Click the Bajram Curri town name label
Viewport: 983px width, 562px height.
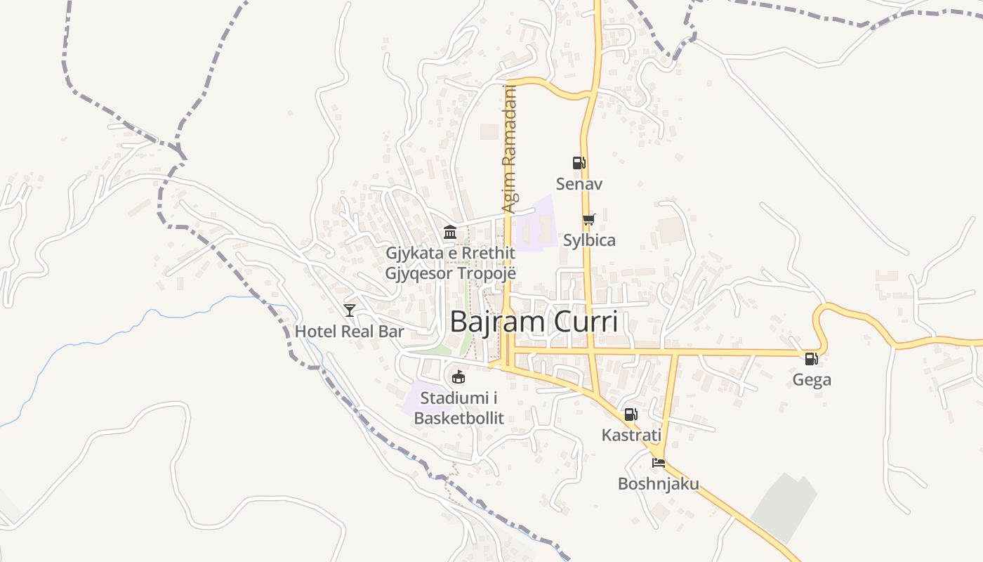click(x=534, y=322)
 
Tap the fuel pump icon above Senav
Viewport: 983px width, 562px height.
click(x=579, y=163)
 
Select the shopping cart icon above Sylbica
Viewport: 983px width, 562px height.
click(x=589, y=219)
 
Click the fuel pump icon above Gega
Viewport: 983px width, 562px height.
click(x=811, y=359)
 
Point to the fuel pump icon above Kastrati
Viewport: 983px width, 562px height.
click(x=631, y=414)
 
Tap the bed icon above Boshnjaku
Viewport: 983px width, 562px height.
click(x=658, y=462)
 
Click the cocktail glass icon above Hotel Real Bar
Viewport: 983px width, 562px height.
click(x=349, y=310)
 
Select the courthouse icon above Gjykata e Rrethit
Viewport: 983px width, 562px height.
click(x=449, y=233)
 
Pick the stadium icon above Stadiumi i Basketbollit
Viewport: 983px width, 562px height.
click(x=458, y=377)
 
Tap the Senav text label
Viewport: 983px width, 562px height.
click(x=579, y=184)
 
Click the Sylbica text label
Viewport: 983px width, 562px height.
click(x=589, y=240)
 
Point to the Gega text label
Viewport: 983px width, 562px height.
click(x=812, y=380)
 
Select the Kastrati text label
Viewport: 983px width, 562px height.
click(x=631, y=436)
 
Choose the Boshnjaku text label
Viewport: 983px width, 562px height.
click(x=658, y=484)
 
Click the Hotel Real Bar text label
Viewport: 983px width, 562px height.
click(x=349, y=332)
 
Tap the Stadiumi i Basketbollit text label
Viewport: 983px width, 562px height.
click(x=458, y=408)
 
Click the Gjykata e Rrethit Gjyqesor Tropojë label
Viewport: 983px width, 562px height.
click(x=450, y=263)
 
